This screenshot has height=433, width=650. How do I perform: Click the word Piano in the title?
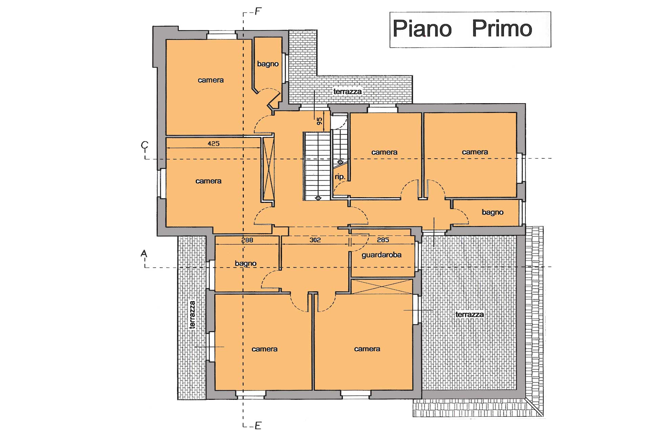tap(422, 28)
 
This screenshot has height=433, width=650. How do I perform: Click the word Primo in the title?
tap(502, 28)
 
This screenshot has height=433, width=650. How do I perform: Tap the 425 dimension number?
tap(213, 143)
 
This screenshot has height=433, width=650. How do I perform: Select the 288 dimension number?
tap(247, 240)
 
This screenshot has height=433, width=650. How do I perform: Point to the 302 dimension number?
tap(315, 240)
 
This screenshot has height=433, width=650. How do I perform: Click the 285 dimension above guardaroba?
tap(383, 240)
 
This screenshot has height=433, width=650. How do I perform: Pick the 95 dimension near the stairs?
tap(319, 121)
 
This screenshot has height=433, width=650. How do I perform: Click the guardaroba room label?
tap(382, 255)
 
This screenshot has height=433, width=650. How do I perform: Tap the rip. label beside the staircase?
tap(340, 177)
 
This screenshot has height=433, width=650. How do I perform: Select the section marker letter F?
tap(258, 12)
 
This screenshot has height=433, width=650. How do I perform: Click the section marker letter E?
tap(258, 426)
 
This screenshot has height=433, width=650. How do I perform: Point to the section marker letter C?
tap(145, 145)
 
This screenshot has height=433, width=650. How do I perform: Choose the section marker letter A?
tap(144, 254)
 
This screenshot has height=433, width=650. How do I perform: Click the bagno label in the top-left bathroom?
tap(268, 64)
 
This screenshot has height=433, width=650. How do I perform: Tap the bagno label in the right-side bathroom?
tap(493, 212)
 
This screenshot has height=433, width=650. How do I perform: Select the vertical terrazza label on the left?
tap(192, 315)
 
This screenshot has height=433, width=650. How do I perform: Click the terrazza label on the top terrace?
tap(347, 91)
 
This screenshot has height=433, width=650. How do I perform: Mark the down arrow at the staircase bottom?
tap(318, 198)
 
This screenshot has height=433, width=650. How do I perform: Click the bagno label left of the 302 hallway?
tap(246, 264)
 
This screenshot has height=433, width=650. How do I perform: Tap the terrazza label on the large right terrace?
tap(470, 315)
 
